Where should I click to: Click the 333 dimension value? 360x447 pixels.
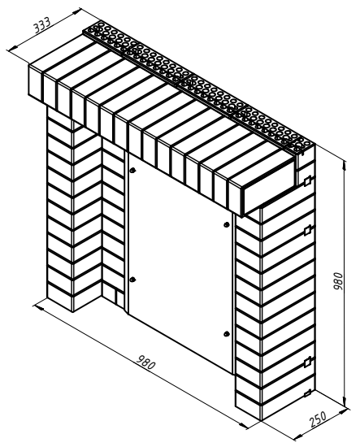42,25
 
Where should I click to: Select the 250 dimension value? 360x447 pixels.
318,419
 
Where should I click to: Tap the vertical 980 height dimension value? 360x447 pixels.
338,281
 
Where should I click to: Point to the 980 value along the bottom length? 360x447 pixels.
146,362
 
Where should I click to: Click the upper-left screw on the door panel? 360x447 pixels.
132,171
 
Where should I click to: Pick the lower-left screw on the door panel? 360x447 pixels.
132,280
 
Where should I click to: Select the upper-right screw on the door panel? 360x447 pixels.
227,224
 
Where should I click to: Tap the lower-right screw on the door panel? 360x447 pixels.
227,333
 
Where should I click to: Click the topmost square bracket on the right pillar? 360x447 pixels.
307,181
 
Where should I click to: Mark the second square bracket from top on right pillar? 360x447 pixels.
307,231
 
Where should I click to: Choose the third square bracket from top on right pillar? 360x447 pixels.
307,362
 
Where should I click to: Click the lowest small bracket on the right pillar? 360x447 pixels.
307,393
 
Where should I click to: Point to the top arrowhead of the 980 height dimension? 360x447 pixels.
345,165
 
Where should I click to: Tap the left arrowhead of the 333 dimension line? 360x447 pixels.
11,50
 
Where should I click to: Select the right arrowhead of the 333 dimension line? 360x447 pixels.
77,11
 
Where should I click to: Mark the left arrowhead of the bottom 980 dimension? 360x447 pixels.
38,307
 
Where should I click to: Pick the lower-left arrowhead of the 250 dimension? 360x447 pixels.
298,436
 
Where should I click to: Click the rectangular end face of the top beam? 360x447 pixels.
268,188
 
